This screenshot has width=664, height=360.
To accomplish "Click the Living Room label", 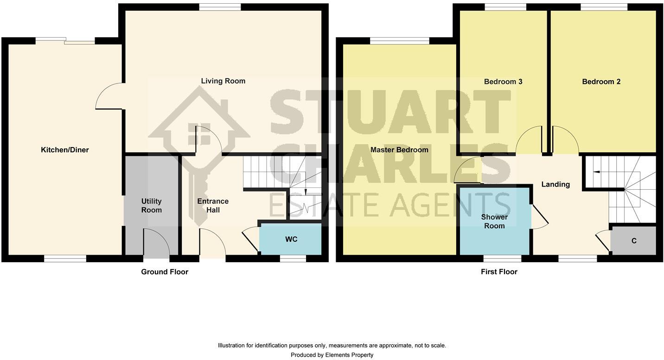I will (x=223, y=81).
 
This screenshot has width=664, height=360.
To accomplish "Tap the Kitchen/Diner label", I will (x=65, y=150).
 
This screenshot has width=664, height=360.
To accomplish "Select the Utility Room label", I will (x=152, y=206).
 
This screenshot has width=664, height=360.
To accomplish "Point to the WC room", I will (x=291, y=239).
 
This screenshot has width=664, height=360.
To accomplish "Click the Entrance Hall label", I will (x=213, y=206).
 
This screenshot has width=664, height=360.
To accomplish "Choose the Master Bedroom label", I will (x=399, y=150).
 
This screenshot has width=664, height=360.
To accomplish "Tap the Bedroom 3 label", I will (x=503, y=82).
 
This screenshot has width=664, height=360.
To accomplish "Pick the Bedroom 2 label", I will (x=601, y=82).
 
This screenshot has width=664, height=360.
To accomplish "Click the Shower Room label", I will (x=494, y=221).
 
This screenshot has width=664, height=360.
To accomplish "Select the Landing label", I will (x=555, y=185).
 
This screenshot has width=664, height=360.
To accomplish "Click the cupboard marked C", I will (x=633, y=241).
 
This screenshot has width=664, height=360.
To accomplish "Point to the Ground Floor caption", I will (x=165, y=272).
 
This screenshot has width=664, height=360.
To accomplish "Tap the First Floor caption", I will (x=499, y=272).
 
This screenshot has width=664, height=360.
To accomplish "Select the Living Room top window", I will (x=220, y=6).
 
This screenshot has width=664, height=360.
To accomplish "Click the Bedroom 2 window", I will (x=604, y=6).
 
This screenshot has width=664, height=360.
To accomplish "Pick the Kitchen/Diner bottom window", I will (x=65, y=258).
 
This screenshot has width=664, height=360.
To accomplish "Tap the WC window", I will (x=293, y=258).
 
